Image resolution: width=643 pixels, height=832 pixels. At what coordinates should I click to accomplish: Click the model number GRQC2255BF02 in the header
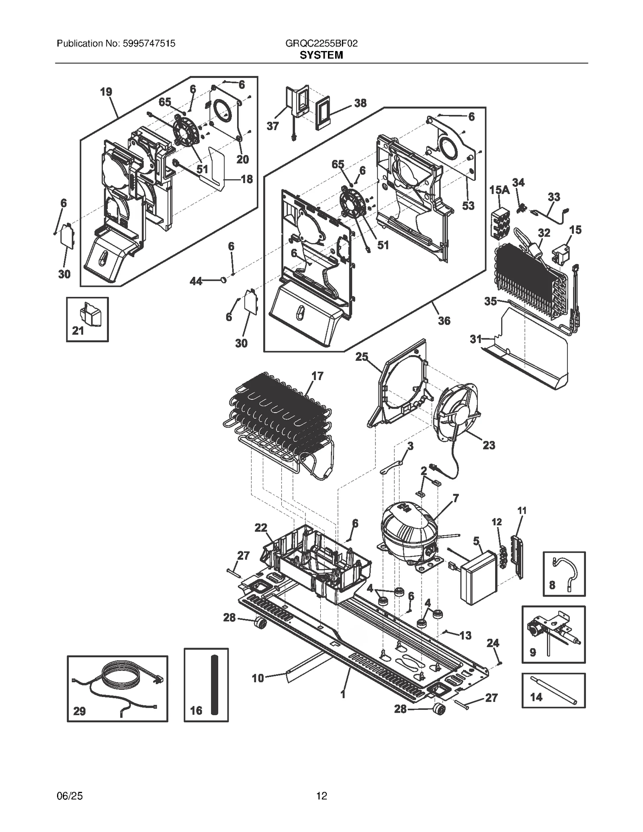point(321,43)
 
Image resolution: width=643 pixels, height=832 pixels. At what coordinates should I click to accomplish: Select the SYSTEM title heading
point(321,55)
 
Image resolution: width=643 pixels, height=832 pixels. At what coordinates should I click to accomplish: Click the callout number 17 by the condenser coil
point(317,376)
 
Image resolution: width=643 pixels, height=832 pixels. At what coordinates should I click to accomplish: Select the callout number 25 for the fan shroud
point(362,357)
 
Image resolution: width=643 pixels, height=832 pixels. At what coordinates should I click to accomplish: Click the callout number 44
point(196,282)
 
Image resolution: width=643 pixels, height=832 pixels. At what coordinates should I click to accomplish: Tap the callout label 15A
point(499,190)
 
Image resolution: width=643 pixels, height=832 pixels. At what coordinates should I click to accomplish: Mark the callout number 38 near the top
point(360,103)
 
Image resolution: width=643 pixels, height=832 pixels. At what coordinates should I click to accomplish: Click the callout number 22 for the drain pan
point(261,527)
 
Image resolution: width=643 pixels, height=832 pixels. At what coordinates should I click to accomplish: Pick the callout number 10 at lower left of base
point(258,678)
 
